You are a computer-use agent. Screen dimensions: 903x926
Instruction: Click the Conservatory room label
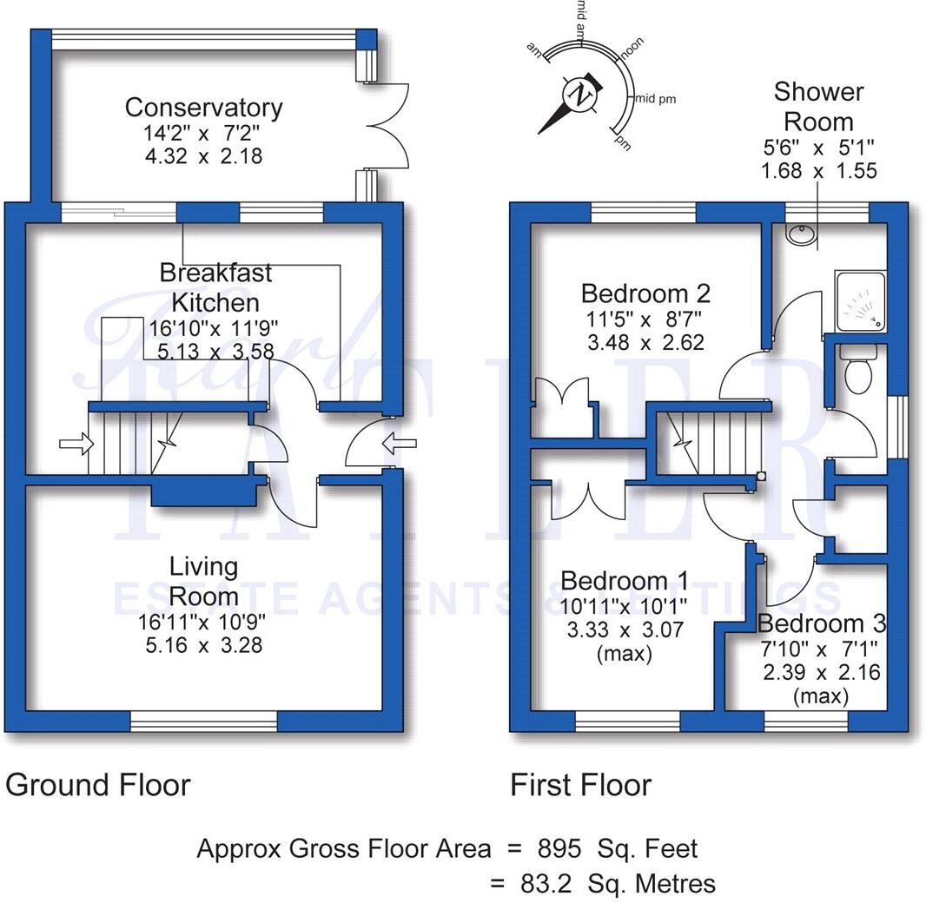pos(203,108)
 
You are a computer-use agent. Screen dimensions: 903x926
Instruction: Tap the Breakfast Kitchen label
pos(215,287)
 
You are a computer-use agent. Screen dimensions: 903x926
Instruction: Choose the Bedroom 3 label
pos(821,623)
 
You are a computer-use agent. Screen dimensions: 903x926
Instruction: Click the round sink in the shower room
pos(799,234)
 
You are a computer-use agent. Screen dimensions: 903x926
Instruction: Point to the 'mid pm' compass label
pos(657,99)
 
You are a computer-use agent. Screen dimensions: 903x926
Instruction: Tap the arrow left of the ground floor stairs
pos(76,445)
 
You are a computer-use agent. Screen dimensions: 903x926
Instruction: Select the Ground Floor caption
pos(97,785)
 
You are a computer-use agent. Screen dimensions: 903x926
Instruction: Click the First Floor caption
pos(580,785)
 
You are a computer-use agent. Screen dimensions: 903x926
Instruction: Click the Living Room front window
pos(203,721)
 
